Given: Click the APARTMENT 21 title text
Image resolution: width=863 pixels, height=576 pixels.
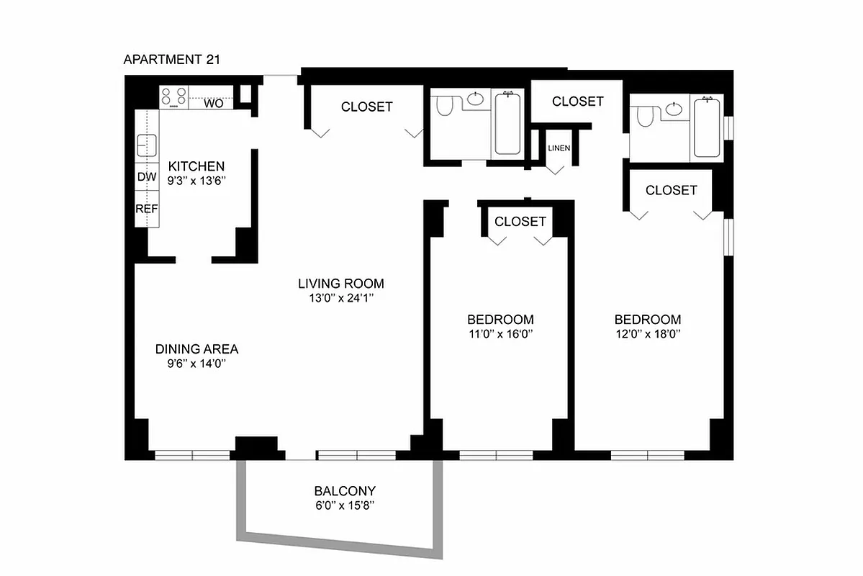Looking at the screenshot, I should coord(171,60).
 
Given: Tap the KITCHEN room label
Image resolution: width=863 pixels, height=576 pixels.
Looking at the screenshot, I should coord(191,166).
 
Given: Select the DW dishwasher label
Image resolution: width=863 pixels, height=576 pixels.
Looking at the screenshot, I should coord(146,177).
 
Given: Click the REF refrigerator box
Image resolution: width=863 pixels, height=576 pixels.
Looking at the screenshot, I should coord(146,209).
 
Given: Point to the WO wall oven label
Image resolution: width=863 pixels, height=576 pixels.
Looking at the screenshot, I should coord(214,104).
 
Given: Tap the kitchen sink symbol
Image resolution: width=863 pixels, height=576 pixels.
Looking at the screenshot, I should coord(147,146).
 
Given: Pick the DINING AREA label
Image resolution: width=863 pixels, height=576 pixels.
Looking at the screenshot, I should coord(196,349).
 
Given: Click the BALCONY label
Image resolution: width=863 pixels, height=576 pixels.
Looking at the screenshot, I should coord(344,491).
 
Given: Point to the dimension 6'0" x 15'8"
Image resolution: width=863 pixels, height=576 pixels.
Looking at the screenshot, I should coord(344,505).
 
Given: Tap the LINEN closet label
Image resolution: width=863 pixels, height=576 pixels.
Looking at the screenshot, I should coord(559,148).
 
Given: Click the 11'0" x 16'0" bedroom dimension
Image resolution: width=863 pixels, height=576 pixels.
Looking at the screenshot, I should coord(500,334).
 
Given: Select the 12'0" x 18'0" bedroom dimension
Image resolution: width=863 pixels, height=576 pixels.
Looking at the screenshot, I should coord(647,334).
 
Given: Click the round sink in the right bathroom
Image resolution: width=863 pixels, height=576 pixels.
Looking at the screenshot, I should coord(674,109).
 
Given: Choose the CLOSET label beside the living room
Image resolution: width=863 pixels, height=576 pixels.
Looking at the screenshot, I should coord(367,107).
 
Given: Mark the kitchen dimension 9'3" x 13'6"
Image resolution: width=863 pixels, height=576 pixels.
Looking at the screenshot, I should coord(191,181).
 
